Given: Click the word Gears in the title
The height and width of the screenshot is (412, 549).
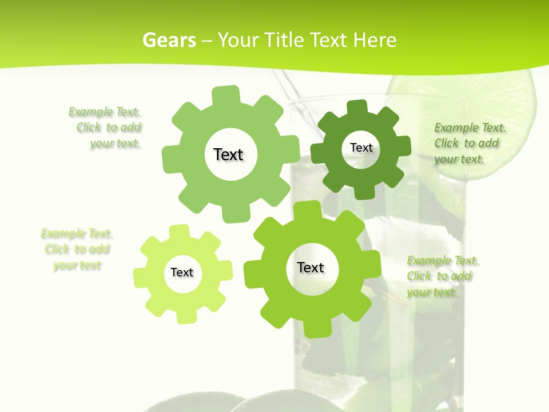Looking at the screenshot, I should click(x=169, y=40).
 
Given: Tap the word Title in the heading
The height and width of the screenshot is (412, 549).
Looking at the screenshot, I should click(x=284, y=40).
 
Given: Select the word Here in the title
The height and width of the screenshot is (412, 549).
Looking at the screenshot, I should click(x=375, y=40).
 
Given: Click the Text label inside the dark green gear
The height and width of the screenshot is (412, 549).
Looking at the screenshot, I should click(x=361, y=148).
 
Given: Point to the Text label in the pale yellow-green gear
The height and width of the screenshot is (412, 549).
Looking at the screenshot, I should click(x=182, y=273).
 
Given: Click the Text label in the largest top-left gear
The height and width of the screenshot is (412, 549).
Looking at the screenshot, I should click(x=228, y=154).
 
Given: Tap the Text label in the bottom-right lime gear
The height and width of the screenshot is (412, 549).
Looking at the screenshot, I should click(x=311, y=268).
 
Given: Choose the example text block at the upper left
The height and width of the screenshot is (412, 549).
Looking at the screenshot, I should click(x=106, y=128).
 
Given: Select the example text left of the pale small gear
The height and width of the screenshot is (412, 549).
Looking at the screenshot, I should click(x=77, y=249).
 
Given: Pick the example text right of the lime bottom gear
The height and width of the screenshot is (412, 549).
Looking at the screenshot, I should click(x=441, y=276).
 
